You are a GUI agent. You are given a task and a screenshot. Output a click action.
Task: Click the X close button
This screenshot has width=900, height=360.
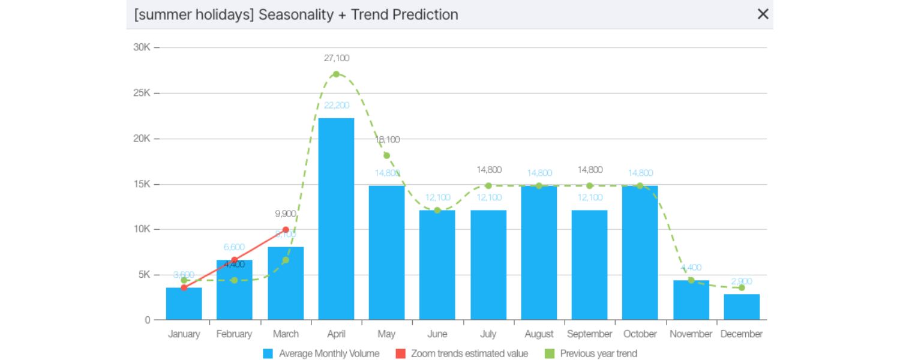[763, 14]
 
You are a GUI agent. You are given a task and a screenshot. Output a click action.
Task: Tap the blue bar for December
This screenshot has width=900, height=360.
[742, 307]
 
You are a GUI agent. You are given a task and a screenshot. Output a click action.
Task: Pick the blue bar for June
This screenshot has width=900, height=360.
[437, 265]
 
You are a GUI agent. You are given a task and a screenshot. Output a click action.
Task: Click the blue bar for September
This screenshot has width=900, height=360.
[589, 265]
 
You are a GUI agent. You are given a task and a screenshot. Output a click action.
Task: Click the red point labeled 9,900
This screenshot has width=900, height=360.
[286, 230]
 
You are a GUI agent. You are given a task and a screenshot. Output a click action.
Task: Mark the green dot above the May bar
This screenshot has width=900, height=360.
[386, 155]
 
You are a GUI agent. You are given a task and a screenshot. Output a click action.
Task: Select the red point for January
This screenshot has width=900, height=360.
[184, 287]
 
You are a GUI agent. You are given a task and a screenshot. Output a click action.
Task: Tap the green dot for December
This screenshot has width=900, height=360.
[742, 287]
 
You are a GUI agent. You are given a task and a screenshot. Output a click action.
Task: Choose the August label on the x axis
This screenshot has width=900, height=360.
[539, 334]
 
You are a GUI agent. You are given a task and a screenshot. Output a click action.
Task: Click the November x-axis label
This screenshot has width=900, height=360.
[691, 334]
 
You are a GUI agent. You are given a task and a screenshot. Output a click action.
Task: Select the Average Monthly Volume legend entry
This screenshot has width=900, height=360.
[322, 353]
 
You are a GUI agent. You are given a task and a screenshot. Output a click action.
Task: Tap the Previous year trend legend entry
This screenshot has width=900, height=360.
[592, 353]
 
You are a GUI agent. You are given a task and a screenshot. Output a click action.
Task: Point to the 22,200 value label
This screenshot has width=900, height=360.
[336, 106]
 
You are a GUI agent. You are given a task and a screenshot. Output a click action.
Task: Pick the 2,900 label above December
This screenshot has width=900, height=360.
[742, 281]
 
